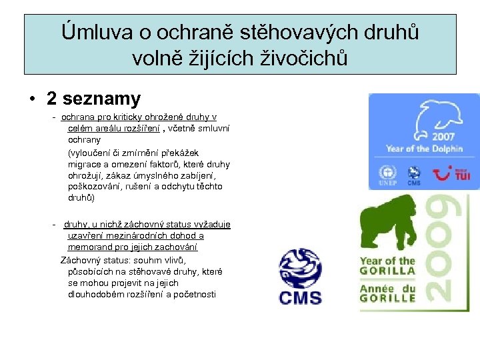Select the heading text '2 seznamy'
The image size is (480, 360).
93,99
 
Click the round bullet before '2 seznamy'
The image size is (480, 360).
32,99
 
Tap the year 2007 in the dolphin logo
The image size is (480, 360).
443,135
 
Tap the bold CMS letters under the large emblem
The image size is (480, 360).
299,297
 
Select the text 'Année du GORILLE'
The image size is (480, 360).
387,294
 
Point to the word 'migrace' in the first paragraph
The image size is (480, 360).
84,164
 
